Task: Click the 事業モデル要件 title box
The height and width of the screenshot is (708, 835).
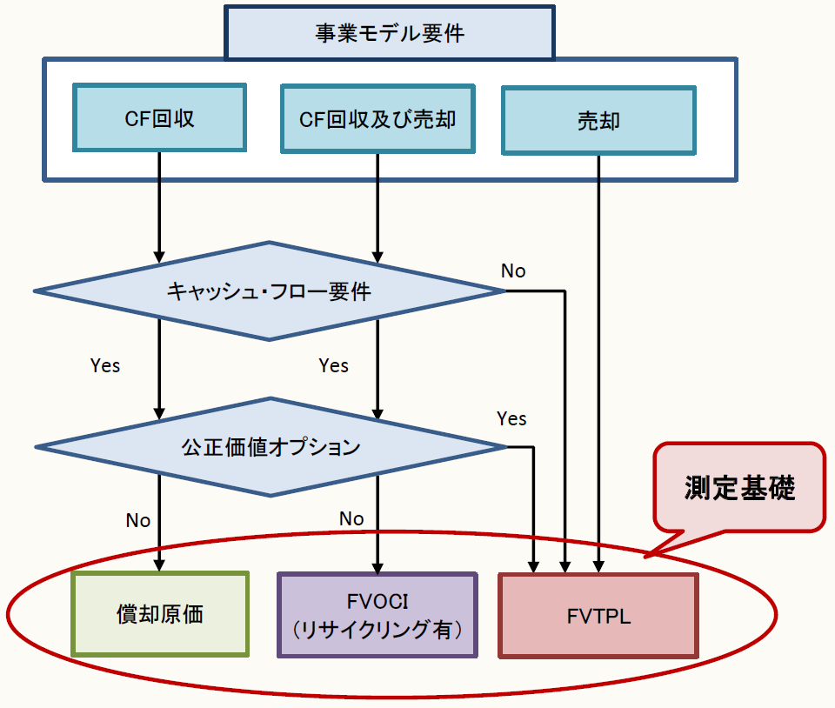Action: click(389, 33)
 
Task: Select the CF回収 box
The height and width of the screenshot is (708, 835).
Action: click(160, 118)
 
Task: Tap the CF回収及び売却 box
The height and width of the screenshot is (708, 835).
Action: click(377, 118)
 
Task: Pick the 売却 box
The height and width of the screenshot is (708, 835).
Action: click(598, 120)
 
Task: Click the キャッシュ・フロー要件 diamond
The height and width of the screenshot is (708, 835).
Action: click(269, 291)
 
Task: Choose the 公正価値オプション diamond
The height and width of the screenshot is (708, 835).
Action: click(271, 447)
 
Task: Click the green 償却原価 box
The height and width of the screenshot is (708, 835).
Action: click(160, 613)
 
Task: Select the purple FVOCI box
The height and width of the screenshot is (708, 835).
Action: click(377, 614)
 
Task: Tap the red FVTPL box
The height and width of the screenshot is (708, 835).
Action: click(598, 616)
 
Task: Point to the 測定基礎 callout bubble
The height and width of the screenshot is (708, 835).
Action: click(739, 487)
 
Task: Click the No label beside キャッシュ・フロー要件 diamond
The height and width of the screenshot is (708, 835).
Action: click(513, 271)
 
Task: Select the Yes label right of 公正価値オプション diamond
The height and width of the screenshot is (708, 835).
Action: click(511, 418)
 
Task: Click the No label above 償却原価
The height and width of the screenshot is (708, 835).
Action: click(138, 520)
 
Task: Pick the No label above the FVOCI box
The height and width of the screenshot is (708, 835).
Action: click(351, 518)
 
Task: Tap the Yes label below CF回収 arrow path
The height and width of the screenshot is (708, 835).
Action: click(105, 365)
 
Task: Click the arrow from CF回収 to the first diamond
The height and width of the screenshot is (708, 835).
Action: click(159, 209)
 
